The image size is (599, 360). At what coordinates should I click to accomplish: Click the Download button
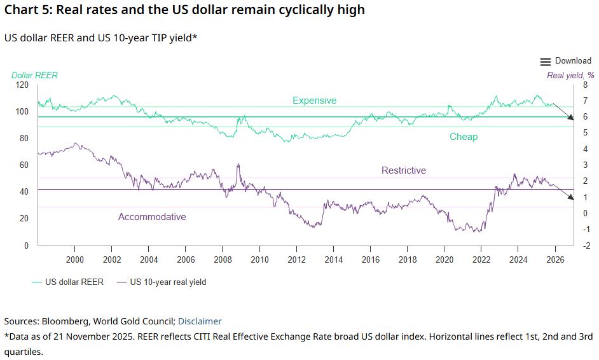pos(572,61)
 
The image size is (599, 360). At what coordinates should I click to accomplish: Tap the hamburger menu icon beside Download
pos(546,62)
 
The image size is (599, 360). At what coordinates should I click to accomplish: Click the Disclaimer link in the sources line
pos(200,321)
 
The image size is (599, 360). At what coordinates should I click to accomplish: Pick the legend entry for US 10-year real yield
pos(162,282)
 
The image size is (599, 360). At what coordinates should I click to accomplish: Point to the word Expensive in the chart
pos(314,100)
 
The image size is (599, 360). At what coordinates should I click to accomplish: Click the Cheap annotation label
pos(464,137)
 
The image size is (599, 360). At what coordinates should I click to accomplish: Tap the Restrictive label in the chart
pos(404,170)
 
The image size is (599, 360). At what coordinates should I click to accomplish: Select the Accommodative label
pos(152,217)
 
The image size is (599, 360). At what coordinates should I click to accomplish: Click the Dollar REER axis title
pos(34,75)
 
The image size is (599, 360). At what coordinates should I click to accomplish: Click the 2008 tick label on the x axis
pos(223,260)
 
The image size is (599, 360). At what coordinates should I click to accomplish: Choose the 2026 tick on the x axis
pos(555,260)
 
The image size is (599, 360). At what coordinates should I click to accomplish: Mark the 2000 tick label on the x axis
pos(75,260)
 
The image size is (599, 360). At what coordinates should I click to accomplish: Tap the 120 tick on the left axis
pos(22,85)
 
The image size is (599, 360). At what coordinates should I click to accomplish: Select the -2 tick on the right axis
pos(586,246)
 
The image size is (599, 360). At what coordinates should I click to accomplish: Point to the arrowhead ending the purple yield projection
pos(570,197)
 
